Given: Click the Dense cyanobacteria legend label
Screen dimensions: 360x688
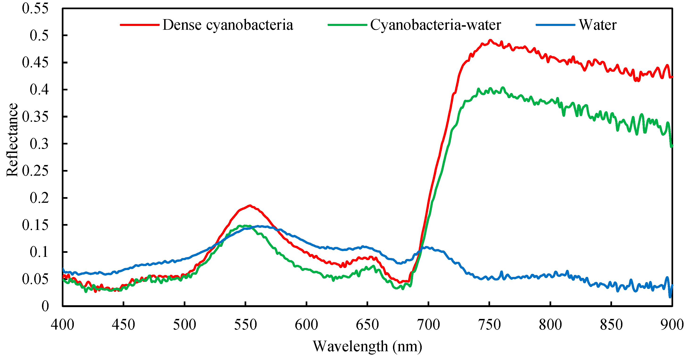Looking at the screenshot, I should coord(228,25).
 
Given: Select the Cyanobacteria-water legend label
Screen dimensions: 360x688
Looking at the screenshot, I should coord(435,25).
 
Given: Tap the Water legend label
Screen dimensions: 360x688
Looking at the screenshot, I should coord(597,25).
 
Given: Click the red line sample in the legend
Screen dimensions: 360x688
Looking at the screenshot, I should coord(139,25).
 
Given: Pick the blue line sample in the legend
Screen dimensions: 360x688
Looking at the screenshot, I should coord(555,25).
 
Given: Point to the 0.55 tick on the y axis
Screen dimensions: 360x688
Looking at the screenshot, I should coord(35,8).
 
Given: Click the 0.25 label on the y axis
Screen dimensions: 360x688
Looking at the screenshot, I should coord(35,171).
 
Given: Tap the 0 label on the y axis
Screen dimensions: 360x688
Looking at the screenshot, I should coord(45,306).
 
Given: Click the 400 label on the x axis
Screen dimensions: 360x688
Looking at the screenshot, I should coord(63,325).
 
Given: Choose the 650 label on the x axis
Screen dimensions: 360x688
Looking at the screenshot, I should coord(367,325).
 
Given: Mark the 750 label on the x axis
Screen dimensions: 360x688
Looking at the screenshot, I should coord(489,325).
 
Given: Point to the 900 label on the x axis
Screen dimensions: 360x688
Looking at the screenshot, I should coord(672,325).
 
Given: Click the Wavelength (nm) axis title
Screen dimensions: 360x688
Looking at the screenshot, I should coord(367,347).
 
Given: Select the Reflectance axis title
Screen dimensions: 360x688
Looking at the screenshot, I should coord(12,140).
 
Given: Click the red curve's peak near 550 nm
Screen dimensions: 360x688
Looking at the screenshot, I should coord(250,206).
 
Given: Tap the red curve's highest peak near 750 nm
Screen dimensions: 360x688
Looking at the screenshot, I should coord(490,40).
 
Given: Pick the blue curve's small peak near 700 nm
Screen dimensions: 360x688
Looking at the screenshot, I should coord(426,247).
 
